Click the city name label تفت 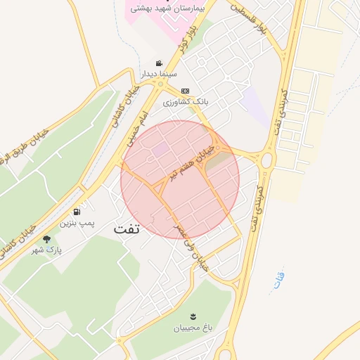pos(127,229)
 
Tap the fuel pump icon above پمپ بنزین pos(76,212)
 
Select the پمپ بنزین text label pos(76,224)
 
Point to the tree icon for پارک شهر pos(47,239)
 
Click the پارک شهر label pos(49,250)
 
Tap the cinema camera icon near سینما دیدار pos(160,62)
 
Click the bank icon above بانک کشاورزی pos(185,91)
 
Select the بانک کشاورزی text pos(186,102)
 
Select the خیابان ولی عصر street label pos(193,245)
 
